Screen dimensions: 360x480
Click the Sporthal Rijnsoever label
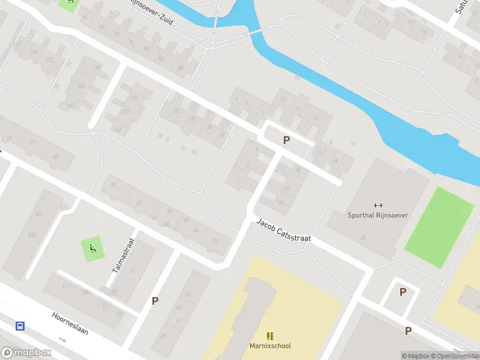pyautogui.click(x=377, y=215)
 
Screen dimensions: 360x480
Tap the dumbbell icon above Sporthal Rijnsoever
pyautogui.click(x=378, y=206)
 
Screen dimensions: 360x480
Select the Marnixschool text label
pyautogui.click(x=270, y=346)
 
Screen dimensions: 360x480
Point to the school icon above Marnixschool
pyautogui.click(x=270, y=336)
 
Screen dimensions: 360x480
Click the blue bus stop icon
pyautogui.click(x=20, y=326)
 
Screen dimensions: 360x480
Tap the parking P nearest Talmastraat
pyautogui.click(x=155, y=301)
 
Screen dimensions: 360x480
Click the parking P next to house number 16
pyautogui.click(x=287, y=140)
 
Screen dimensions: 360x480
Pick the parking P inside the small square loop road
pyautogui.click(x=403, y=292)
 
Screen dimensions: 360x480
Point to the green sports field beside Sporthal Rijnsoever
pyautogui.click(x=440, y=227)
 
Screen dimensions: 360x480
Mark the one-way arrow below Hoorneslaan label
pyautogui.click(x=62, y=340)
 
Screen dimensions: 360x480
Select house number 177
pyautogui.click(x=133, y=98)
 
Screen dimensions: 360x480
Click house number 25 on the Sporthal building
pyautogui.click(x=363, y=238)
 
